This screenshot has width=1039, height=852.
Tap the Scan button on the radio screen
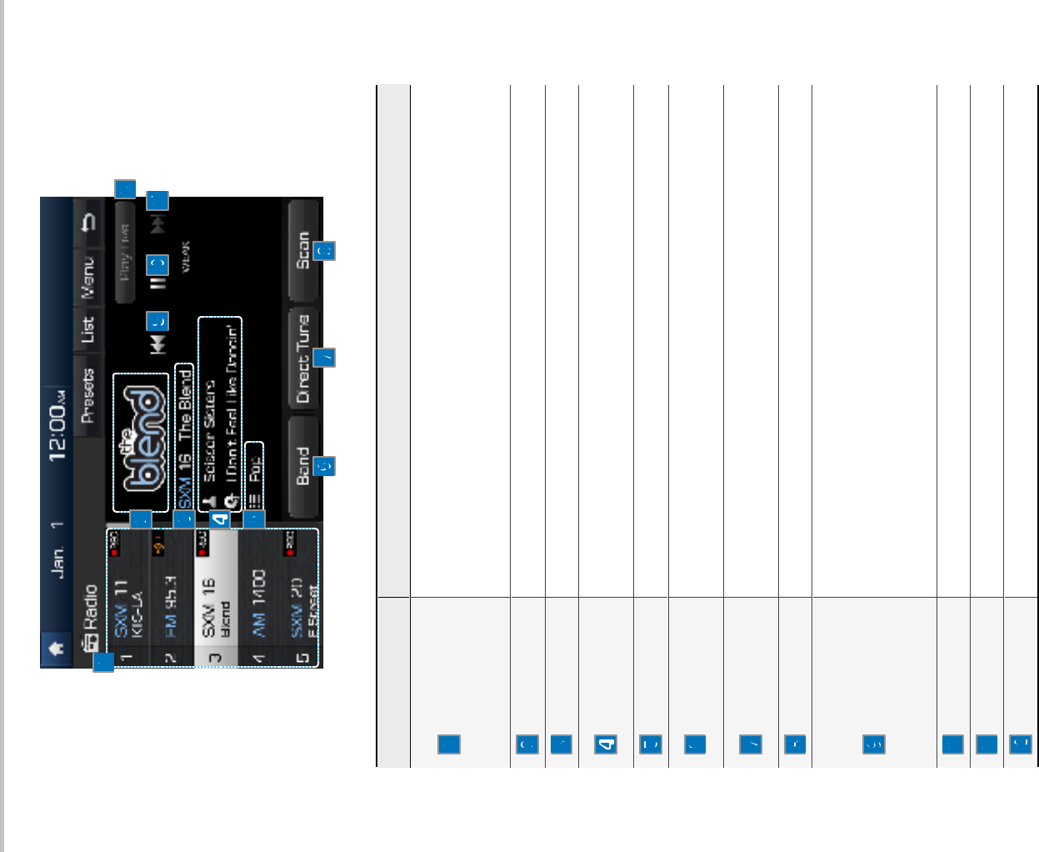pyautogui.click(x=303, y=250)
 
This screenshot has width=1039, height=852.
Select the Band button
pyautogui.click(x=303, y=466)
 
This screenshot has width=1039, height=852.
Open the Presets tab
pyautogui.click(x=87, y=395)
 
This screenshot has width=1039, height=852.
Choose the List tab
pyautogui.click(x=87, y=329)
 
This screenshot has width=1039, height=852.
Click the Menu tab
pyautogui.click(x=87, y=276)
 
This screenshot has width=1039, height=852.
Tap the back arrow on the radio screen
pyautogui.click(x=87, y=222)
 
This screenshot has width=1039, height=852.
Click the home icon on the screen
pyautogui.click(x=57, y=649)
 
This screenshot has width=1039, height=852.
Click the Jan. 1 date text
pyautogui.click(x=57, y=549)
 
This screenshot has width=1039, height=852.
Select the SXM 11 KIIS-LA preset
pyautogui.click(x=128, y=609)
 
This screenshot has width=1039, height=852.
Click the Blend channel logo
pyautogui.click(x=141, y=442)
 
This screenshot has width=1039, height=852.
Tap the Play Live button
pyautogui.click(x=125, y=251)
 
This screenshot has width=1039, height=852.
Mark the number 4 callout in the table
pyautogui.click(x=606, y=744)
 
